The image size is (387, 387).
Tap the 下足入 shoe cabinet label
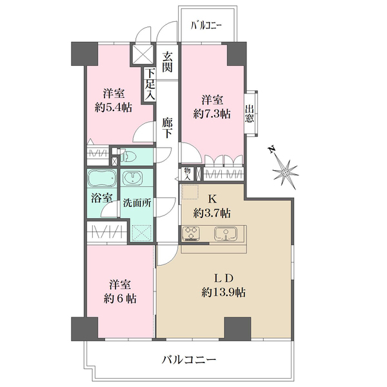coord(150,84)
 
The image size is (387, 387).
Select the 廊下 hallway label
coord(167,128)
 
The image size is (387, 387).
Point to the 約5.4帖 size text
coord(114,108)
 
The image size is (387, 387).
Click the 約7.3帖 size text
coord(212,114)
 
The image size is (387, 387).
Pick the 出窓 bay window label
coord(249,114)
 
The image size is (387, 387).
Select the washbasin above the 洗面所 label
coord(132,178)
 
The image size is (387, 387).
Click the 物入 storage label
coord(187,174)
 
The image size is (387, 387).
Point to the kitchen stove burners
coord(191,233)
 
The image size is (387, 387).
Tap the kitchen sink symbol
coord(226,233)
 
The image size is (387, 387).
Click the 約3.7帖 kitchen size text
coord(212,213)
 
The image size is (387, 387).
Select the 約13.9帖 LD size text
coord(223,293)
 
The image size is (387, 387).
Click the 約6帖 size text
coord(120,299)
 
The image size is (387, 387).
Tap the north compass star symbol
coord(286,172)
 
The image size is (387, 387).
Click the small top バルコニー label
coord(206,25)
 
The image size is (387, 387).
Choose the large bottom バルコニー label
coord(189,360)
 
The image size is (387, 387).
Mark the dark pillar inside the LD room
coord(237,329)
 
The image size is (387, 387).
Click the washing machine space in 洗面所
coord(141,233)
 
